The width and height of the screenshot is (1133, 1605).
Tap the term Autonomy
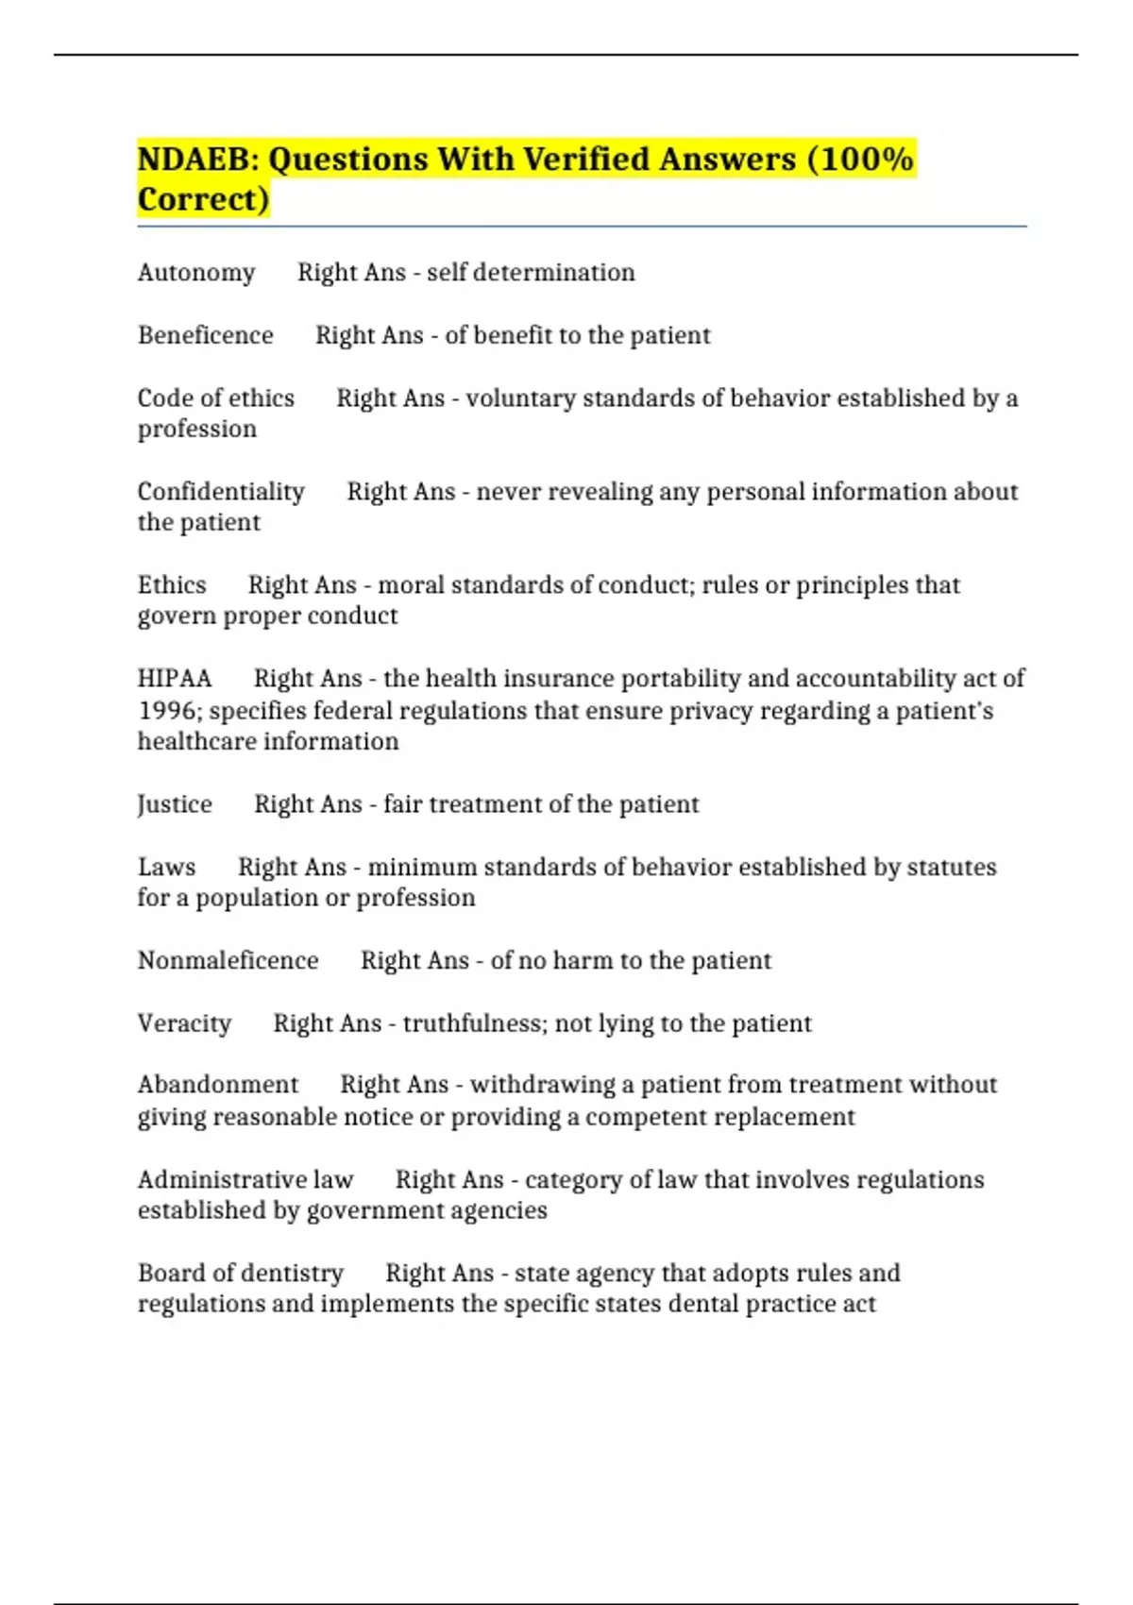(196, 273)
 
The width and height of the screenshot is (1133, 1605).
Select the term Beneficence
(206, 336)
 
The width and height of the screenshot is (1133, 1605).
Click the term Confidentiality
(221, 492)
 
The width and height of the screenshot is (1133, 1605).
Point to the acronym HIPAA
(175, 679)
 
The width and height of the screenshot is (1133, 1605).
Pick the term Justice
(175, 804)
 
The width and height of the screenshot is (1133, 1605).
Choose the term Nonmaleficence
(228, 961)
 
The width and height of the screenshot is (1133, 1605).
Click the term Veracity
(184, 1023)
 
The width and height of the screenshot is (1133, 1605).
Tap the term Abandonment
(218, 1085)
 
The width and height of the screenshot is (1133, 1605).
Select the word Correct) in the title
(204, 200)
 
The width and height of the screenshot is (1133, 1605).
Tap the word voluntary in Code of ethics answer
(520, 398)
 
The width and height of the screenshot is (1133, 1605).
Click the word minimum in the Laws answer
(422, 868)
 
